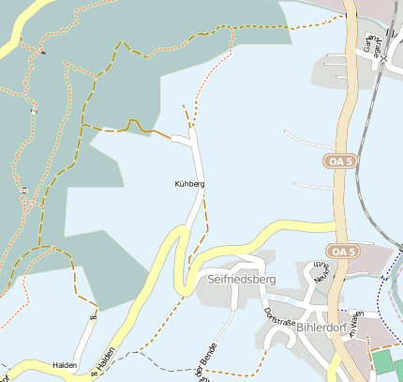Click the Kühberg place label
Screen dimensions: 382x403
[189, 184]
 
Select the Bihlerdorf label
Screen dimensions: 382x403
[321, 328]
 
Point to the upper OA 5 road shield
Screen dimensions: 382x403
[340, 161]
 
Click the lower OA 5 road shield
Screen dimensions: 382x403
[343, 251]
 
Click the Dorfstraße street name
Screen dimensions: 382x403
[279, 321]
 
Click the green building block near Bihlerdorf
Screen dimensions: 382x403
[384, 362]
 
